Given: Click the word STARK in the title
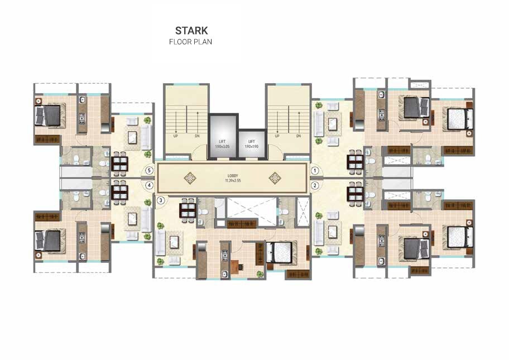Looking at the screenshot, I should pyautogui.click(x=191, y=30).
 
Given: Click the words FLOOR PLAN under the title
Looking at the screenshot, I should pyautogui.click(x=191, y=41).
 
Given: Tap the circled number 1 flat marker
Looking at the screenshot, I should pyautogui.click(x=315, y=171).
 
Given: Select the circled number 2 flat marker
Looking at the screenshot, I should pyautogui.click(x=315, y=185).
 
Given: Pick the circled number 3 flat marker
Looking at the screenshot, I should pyautogui.click(x=161, y=200).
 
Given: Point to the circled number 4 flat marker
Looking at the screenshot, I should pyautogui.click(x=149, y=185).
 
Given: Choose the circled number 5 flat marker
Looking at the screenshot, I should pyautogui.click(x=149, y=171).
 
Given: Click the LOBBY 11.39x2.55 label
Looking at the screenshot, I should pyautogui.click(x=231, y=178).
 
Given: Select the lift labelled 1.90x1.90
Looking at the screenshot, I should pyautogui.click(x=251, y=144).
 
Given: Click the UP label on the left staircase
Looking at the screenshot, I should pyautogui.click(x=176, y=136).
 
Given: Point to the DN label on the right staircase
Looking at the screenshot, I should pyautogui.click(x=299, y=136).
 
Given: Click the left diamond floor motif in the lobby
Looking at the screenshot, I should pyautogui.click(x=191, y=178).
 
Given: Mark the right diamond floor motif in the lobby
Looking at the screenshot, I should pyautogui.click(x=274, y=178).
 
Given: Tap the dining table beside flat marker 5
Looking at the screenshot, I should pyautogui.click(x=121, y=164).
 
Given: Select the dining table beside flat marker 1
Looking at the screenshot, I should pyautogui.click(x=355, y=161).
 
